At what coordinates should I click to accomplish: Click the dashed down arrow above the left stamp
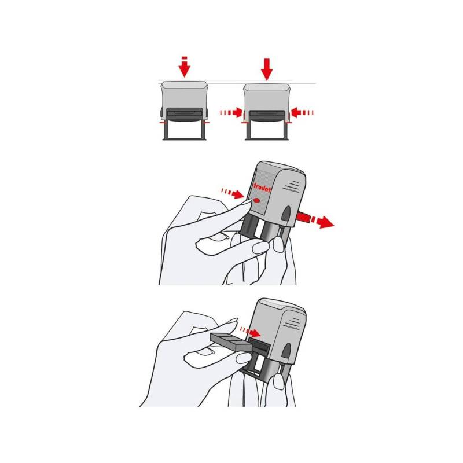(x=184, y=67)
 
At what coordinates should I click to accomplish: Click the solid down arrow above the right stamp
(x=267, y=69)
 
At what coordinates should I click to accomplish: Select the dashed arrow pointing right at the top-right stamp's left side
(x=231, y=112)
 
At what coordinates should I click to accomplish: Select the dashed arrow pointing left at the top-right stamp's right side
(x=302, y=112)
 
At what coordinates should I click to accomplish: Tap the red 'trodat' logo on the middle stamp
(x=262, y=188)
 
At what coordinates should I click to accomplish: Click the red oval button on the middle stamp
(x=256, y=201)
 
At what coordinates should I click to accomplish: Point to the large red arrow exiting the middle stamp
(x=315, y=220)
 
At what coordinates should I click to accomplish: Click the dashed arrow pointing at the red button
(x=233, y=193)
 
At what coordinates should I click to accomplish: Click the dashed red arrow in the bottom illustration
(x=250, y=332)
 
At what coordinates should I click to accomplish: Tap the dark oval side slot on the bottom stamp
(x=286, y=351)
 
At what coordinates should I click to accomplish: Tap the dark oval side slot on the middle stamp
(x=286, y=214)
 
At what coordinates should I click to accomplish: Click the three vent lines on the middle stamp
(x=292, y=186)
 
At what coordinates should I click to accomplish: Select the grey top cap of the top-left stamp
(x=184, y=85)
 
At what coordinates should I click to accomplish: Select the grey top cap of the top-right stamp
(x=267, y=88)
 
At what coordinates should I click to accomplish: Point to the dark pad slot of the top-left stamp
(x=185, y=113)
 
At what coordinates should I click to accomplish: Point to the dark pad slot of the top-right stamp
(x=267, y=115)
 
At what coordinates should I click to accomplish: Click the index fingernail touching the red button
(x=247, y=201)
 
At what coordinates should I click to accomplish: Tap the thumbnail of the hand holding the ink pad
(x=244, y=358)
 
